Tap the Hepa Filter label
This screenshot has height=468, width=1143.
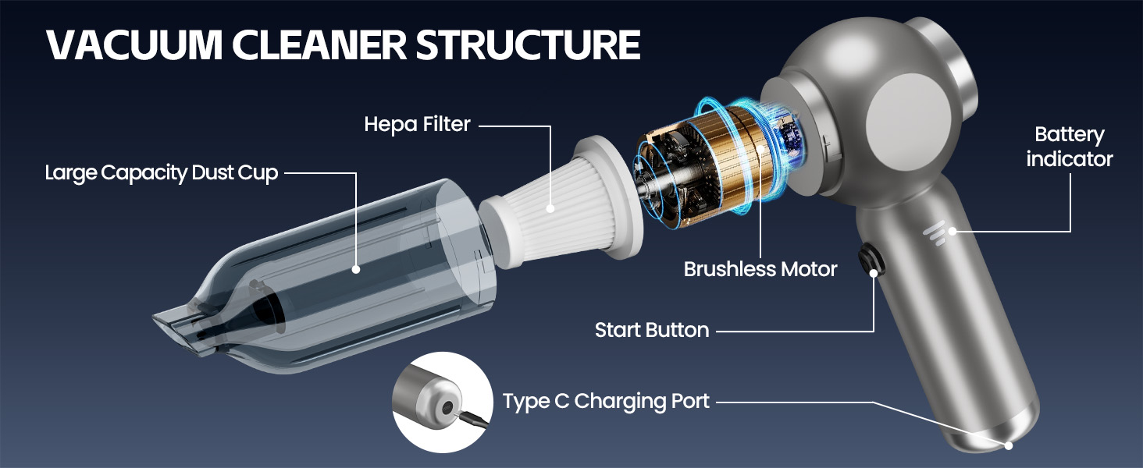point(417,124)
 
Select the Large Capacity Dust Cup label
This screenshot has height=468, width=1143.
point(161,172)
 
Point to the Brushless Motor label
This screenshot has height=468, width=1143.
point(760,269)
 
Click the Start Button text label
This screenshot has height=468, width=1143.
point(651,330)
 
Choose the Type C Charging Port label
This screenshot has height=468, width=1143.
point(606,402)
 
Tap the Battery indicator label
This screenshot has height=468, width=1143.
point(1069,147)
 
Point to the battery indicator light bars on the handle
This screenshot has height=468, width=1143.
point(935,232)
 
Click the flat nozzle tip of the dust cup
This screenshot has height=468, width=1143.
point(176,324)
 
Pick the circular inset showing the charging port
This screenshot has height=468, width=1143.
point(443,402)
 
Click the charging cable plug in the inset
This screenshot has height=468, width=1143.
point(469,422)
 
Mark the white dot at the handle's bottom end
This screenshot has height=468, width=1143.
point(1009,445)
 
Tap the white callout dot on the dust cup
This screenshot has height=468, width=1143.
point(356,269)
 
